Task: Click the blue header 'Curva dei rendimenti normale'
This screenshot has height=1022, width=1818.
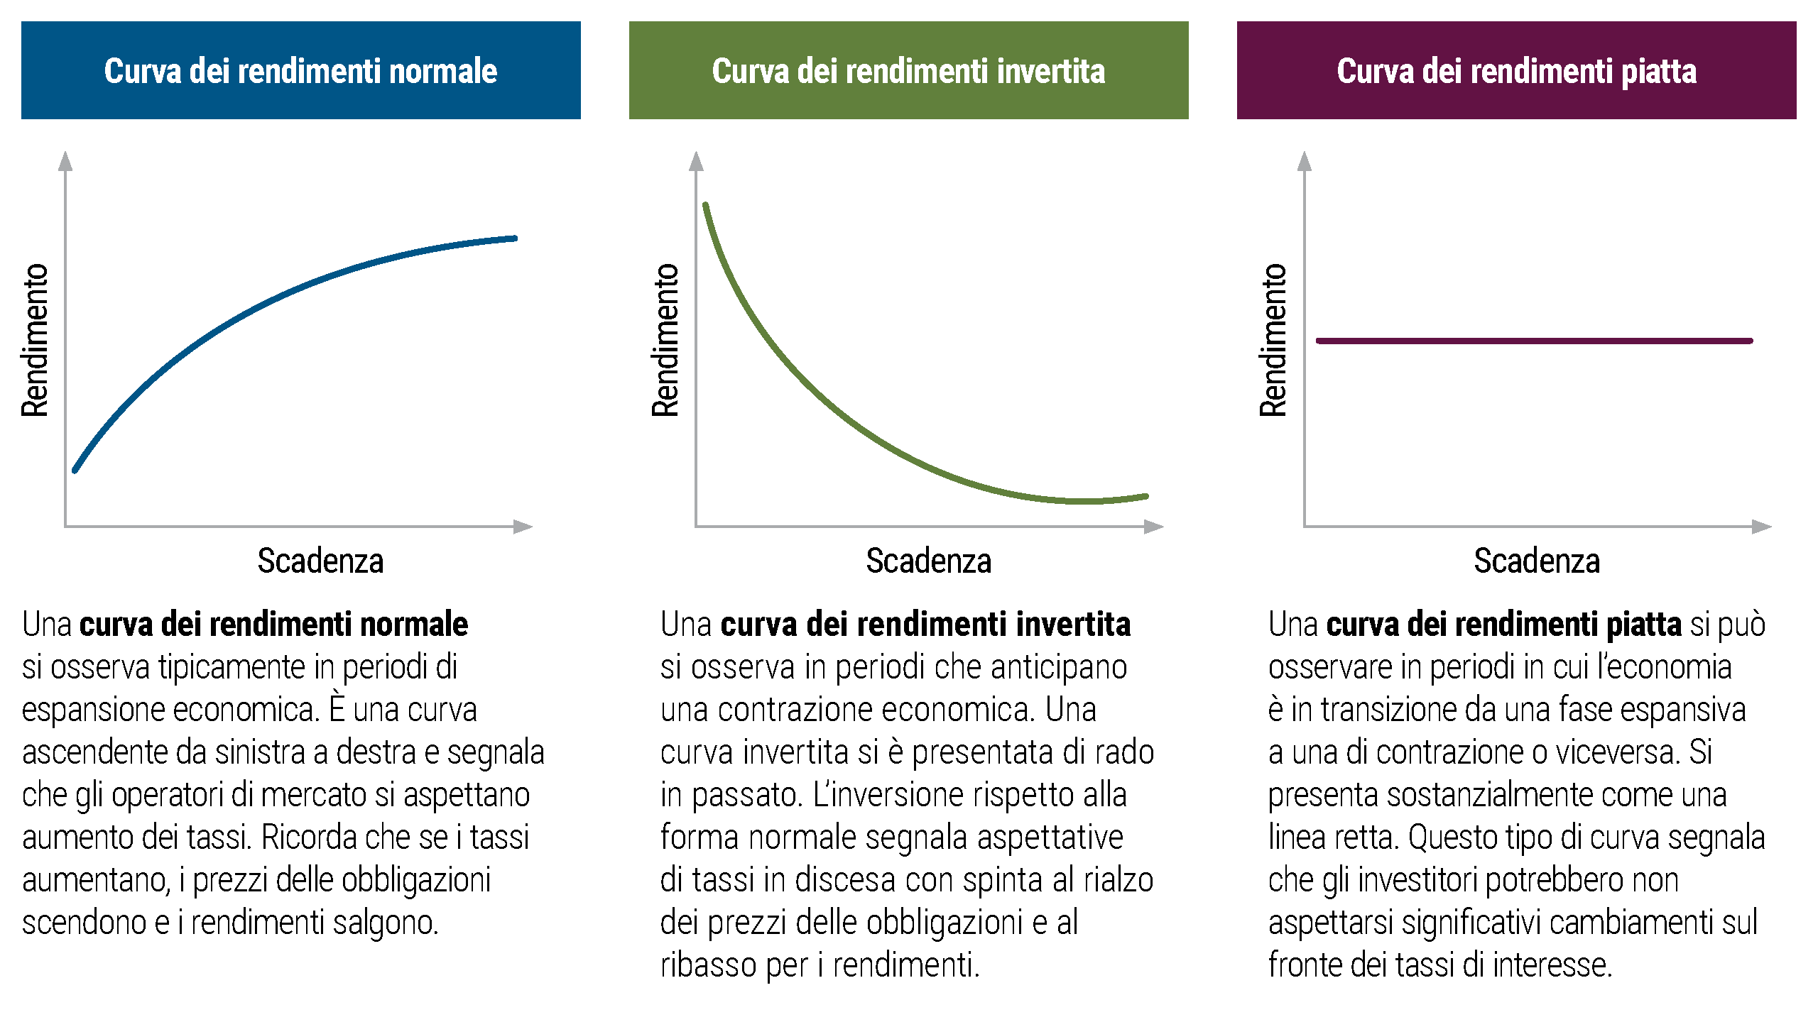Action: point(301,70)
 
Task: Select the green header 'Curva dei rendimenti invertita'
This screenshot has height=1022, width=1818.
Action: point(909,70)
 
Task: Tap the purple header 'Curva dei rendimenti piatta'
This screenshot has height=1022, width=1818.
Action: point(1517,70)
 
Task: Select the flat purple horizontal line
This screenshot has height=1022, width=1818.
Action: point(1535,341)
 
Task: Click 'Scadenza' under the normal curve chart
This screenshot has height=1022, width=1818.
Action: point(320,561)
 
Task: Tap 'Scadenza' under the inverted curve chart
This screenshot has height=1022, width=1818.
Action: point(929,561)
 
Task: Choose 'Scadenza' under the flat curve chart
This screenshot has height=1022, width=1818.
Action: point(1537,561)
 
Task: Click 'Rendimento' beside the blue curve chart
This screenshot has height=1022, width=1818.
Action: point(35,340)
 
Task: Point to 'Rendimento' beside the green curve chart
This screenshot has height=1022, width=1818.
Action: point(665,340)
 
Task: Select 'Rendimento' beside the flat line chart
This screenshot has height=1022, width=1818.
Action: point(1273,340)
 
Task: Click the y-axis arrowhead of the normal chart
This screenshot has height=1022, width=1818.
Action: point(65,160)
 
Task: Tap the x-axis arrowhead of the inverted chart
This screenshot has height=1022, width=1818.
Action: point(1154,527)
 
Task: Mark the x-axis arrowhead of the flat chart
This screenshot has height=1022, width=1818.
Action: point(1762,527)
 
